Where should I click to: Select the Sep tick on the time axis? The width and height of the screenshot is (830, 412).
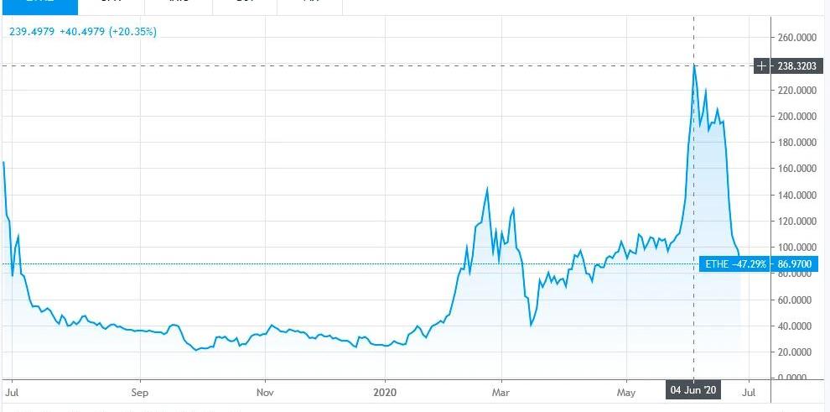pyautogui.click(x=140, y=391)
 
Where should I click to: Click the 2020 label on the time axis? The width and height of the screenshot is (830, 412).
pyautogui.click(x=385, y=391)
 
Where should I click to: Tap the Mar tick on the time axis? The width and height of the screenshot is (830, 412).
pyautogui.click(x=501, y=391)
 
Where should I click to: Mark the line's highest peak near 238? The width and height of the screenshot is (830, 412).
pyautogui.click(x=694, y=65)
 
